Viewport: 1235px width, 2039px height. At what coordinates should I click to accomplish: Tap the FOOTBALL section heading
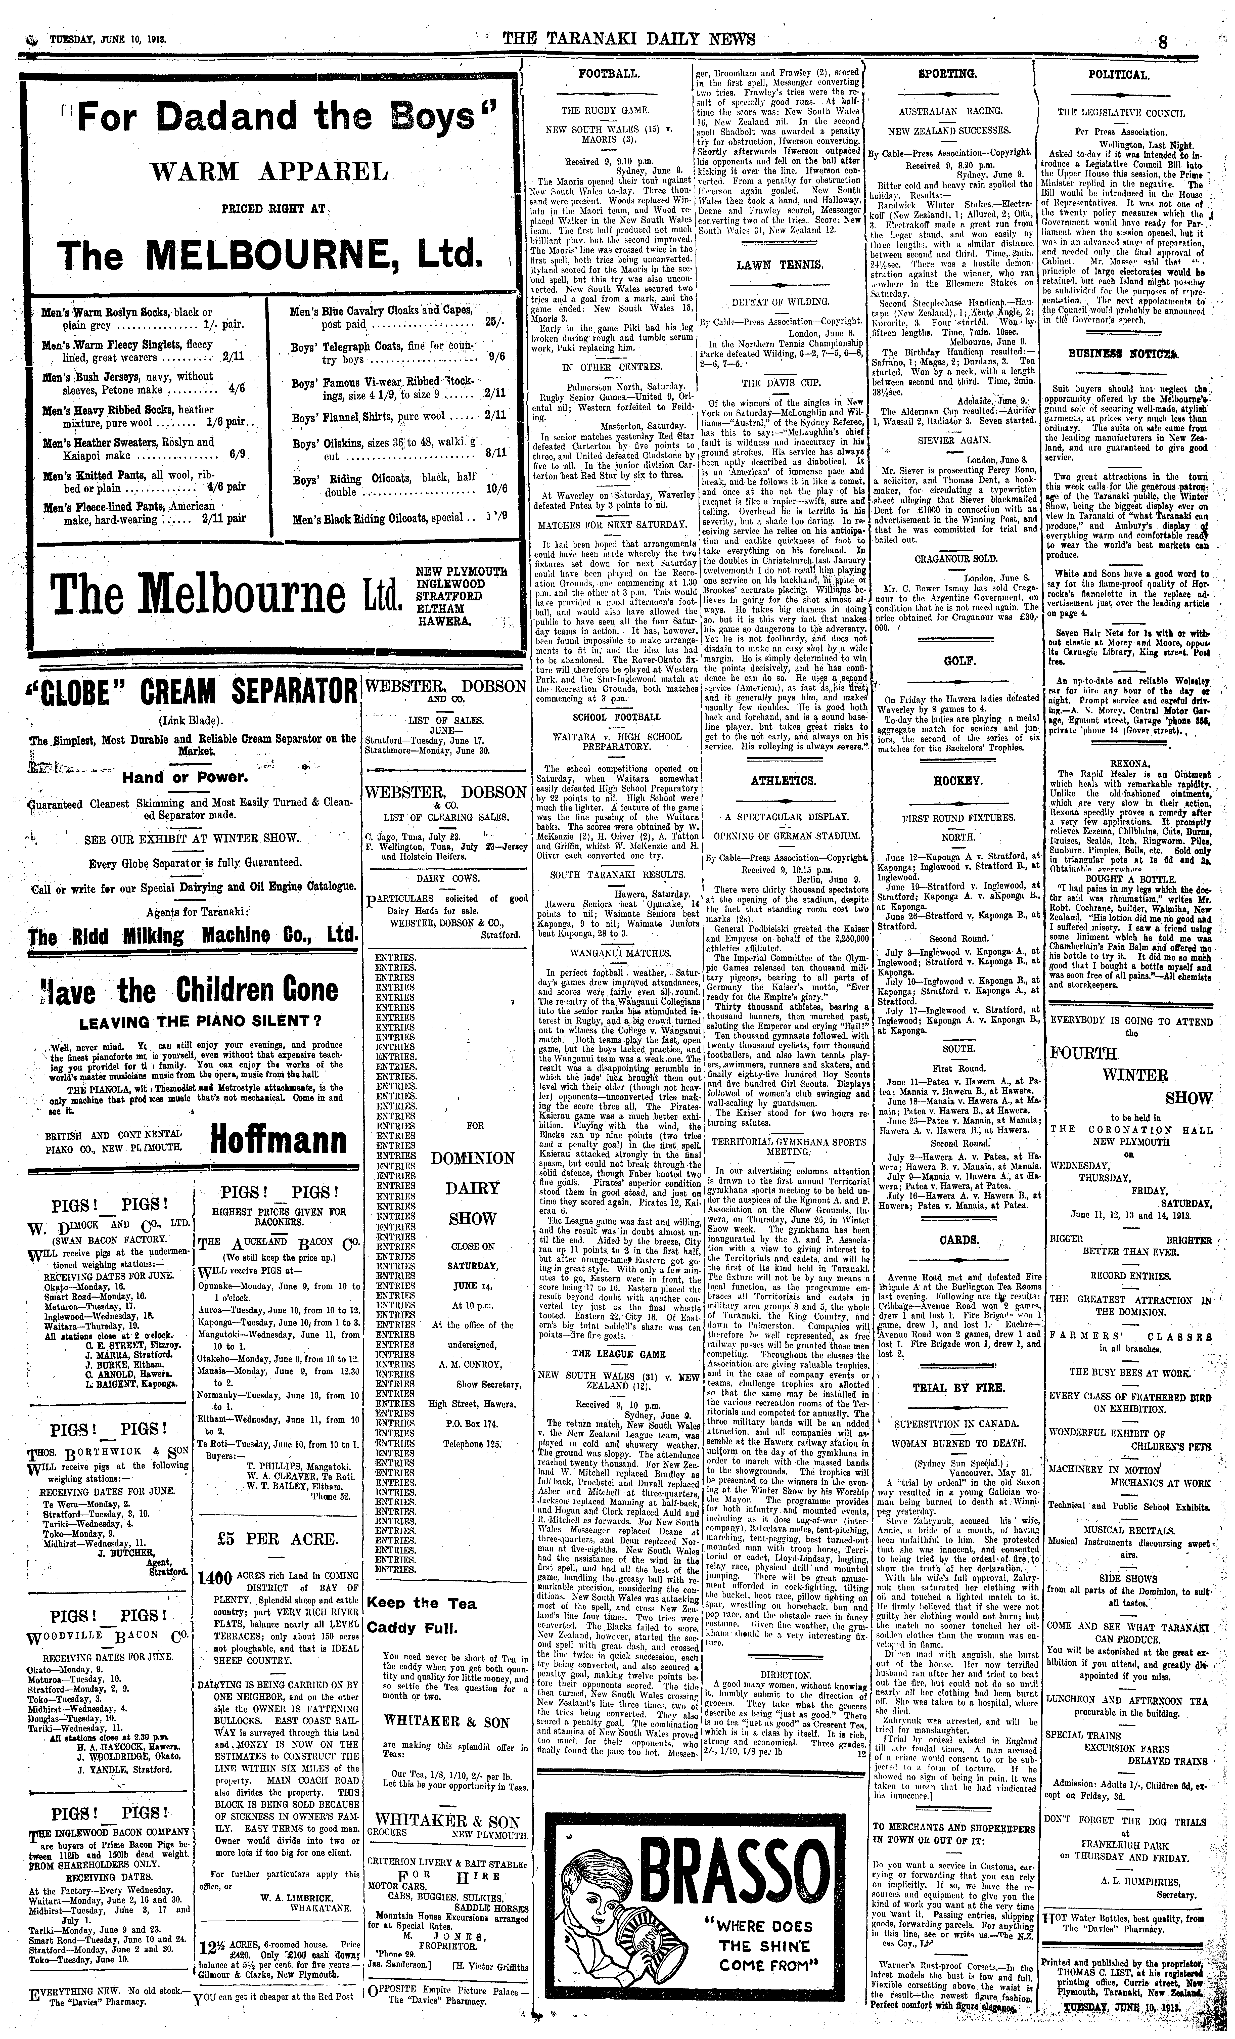[608, 74]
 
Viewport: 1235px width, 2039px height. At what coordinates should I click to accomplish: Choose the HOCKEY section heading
[958, 780]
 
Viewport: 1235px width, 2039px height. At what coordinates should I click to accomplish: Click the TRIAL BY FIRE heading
[958, 1388]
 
